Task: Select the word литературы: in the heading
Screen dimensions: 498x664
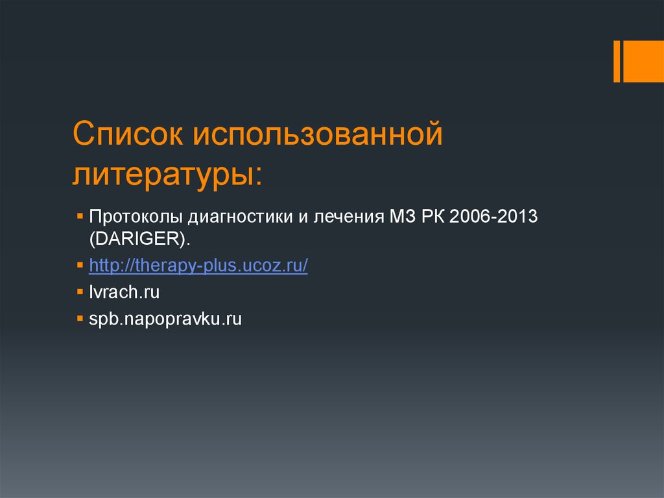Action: click(x=168, y=174)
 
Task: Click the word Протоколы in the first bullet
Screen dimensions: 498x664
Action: click(x=136, y=216)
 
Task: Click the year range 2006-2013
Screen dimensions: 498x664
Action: click(x=495, y=216)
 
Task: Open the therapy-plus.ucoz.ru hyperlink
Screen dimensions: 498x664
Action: click(x=198, y=266)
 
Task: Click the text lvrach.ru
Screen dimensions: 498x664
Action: click(x=124, y=292)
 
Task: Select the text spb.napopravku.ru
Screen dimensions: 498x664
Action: click(x=165, y=319)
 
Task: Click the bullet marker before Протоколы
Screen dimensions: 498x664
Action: click(x=79, y=214)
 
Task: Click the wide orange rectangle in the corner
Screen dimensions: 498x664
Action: click(x=644, y=61)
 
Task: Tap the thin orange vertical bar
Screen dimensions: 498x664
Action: click(x=617, y=61)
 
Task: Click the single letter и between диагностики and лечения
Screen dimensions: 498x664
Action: click(x=302, y=216)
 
